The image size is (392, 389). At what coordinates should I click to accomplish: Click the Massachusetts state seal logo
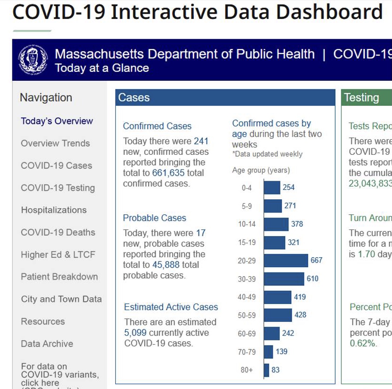tap(33, 60)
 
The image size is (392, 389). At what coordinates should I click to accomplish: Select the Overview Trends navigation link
tap(55, 143)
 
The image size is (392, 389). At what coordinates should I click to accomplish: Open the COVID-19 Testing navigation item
tap(58, 188)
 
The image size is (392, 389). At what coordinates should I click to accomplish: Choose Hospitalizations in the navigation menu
tap(54, 210)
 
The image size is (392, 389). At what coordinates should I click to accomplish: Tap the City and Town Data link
tap(61, 299)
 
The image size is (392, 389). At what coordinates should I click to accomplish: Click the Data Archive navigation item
tap(47, 344)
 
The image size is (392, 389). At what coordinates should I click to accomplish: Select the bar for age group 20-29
tap(286, 261)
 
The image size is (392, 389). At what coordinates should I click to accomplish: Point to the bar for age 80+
tap(266, 370)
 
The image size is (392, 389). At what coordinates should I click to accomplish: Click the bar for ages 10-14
tap(276, 224)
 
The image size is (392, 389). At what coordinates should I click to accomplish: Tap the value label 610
tap(313, 279)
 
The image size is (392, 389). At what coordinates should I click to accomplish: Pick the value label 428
tap(300, 315)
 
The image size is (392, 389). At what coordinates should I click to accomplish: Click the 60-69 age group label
tap(247, 334)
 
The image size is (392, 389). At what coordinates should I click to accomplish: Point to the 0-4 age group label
tap(247, 188)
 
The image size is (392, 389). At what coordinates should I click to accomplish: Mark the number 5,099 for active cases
tap(135, 333)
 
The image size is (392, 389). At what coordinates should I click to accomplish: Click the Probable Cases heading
tap(155, 218)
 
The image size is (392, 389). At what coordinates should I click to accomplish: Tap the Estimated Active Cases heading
tap(171, 307)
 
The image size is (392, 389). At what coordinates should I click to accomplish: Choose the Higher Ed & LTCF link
tap(58, 254)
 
